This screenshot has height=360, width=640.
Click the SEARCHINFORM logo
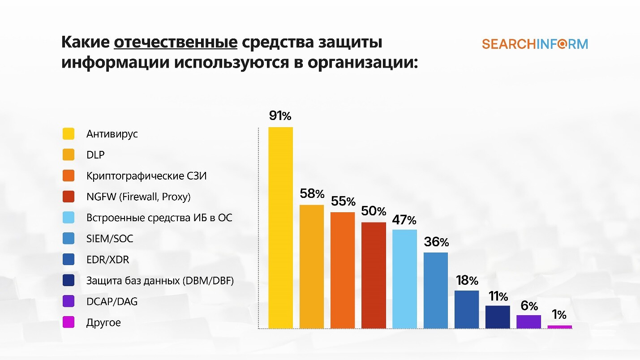coord(535,44)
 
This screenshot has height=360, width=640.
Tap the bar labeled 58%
coord(311,266)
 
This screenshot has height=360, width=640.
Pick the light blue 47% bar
coord(404,279)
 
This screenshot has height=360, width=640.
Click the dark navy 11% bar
coord(498,317)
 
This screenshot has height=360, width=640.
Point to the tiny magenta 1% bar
coord(559,327)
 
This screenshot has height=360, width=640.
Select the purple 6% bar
coord(528,321)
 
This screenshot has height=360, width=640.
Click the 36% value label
coord(436,242)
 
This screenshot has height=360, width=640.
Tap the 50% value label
coord(374,211)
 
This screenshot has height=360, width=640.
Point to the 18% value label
coord(467,281)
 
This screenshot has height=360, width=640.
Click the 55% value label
coord(343,201)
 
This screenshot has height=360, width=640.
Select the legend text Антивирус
coord(112,134)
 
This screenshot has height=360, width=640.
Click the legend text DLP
coord(95,155)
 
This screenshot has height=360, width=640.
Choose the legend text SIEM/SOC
coord(110,239)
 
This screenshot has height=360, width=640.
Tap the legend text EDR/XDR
coord(107,260)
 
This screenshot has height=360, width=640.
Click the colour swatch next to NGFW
coord(69,197)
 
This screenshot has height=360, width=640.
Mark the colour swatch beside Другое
coord(69,322)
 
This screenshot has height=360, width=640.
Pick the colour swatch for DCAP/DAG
coord(69,301)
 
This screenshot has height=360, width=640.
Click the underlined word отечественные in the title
coord(176,43)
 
